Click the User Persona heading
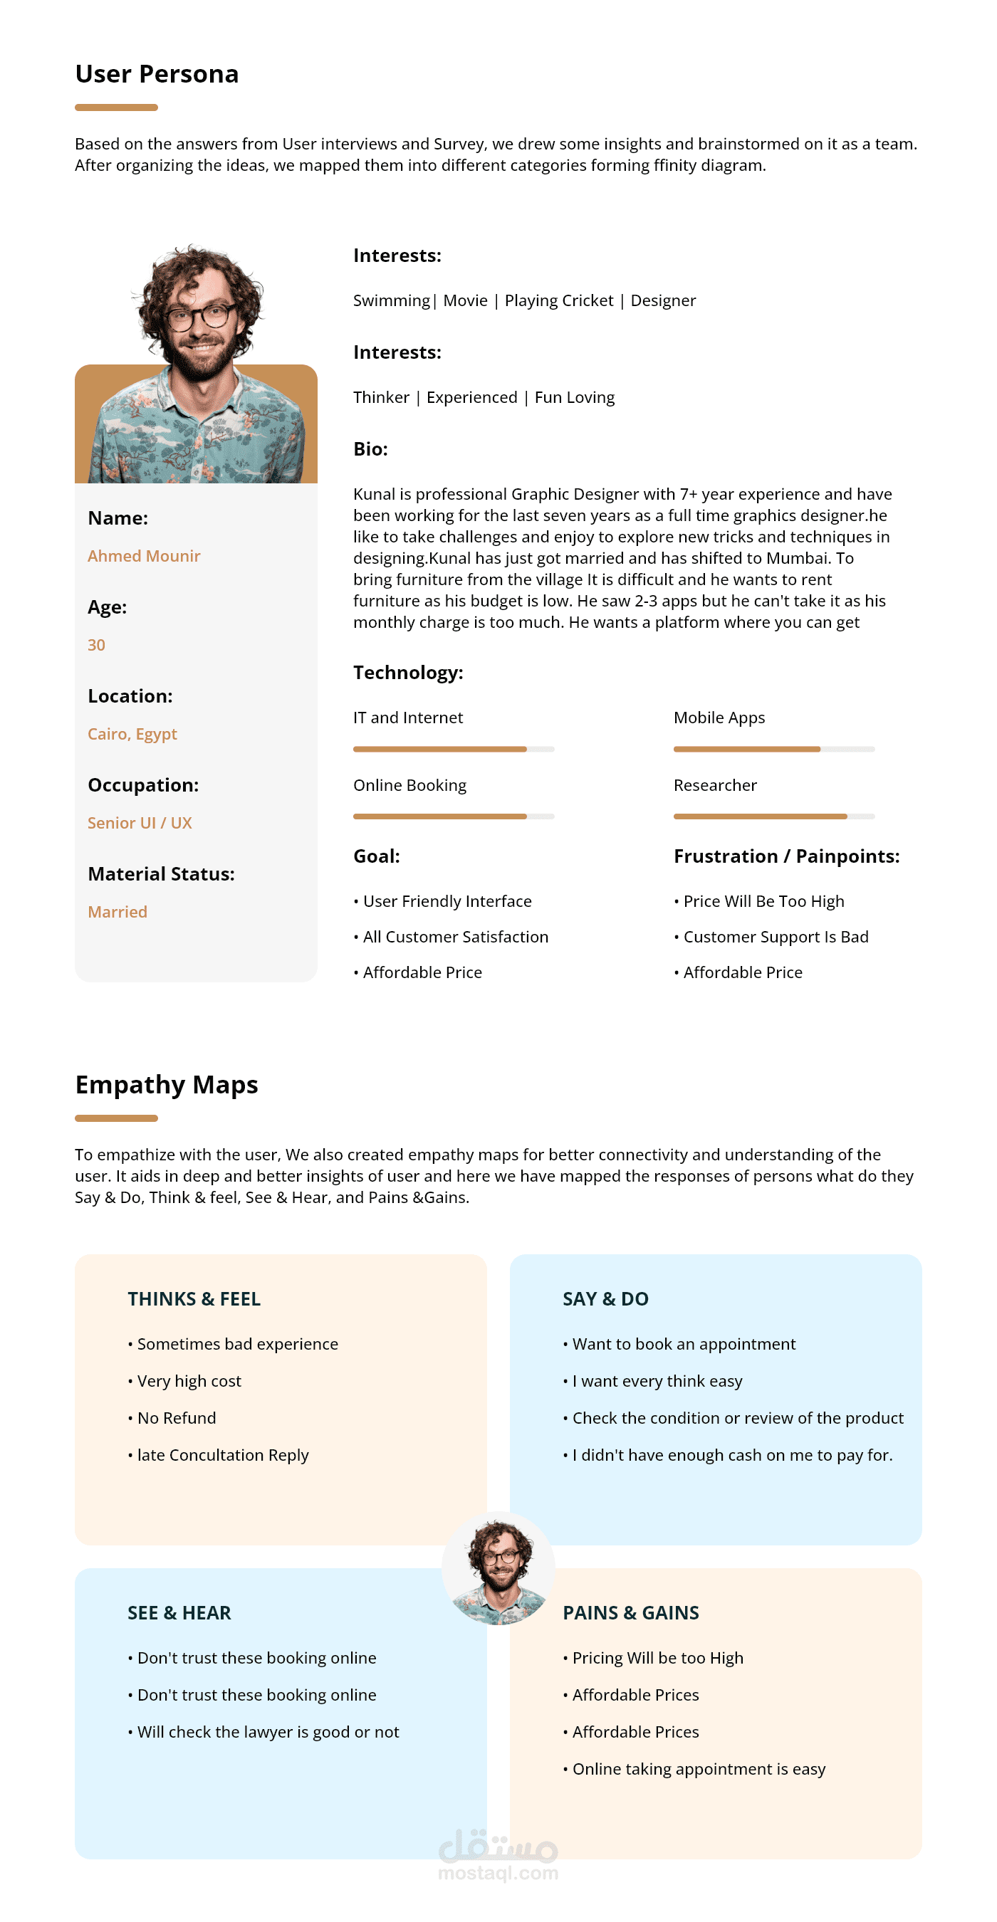coord(157,74)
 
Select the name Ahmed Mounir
coord(144,556)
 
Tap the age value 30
coord(96,645)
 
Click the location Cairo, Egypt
coord(132,733)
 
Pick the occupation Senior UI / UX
coord(140,822)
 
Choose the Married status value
coord(118,911)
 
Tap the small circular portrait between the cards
coord(498,1567)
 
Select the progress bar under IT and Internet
coord(453,748)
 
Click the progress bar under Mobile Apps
coord(773,748)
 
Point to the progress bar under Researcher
coord(773,816)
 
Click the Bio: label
coord(370,448)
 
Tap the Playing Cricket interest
coord(558,300)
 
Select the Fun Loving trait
coord(574,397)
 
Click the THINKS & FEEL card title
coord(194,1298)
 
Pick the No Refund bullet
coord(176,1417)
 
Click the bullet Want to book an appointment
coord(684,1344)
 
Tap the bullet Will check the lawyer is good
coord(267,1731)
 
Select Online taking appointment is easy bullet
coord(699,1768)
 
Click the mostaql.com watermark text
coord(498,1873)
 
